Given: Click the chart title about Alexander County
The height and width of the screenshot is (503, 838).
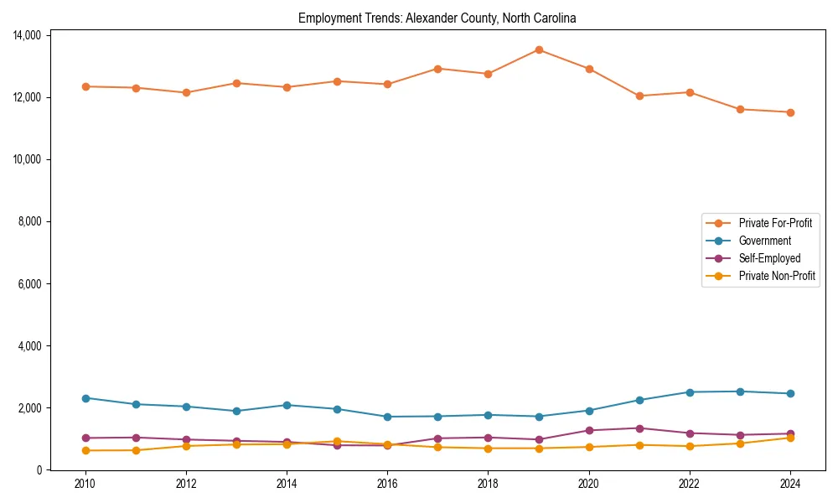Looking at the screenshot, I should click(x=437, y=18).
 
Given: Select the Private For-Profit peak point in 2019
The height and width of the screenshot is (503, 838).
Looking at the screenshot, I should click(x=539, y=49).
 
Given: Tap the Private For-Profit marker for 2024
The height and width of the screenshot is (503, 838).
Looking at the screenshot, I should click(x=790, y=112).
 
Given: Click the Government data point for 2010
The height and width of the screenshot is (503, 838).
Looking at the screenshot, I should click(x=85, y=398).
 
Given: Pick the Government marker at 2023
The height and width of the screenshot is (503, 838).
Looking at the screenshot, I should click(x=740, y=392).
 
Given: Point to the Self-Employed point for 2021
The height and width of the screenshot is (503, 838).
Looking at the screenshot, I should click(x=639, y=428).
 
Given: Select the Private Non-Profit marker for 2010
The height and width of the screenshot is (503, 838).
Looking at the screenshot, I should click(x=85, y=450).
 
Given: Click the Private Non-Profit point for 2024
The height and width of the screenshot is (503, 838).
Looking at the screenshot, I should click(x=790, y=438).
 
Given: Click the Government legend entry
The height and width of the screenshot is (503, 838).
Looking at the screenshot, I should click(x=764, y=241).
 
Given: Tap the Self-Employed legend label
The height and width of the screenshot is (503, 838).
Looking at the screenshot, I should click(x=769, y=258).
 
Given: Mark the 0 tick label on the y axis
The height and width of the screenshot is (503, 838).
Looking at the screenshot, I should click(x=40, y=470).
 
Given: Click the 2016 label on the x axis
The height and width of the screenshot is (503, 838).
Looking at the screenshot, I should click(x=387, y=484).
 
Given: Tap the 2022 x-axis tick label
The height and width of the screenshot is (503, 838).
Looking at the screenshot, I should click(x=690, y=484).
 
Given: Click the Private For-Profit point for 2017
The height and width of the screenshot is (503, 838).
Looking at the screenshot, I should click(x=437, y=69).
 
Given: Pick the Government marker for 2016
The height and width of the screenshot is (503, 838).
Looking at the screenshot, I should click(x=387, y=417).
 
